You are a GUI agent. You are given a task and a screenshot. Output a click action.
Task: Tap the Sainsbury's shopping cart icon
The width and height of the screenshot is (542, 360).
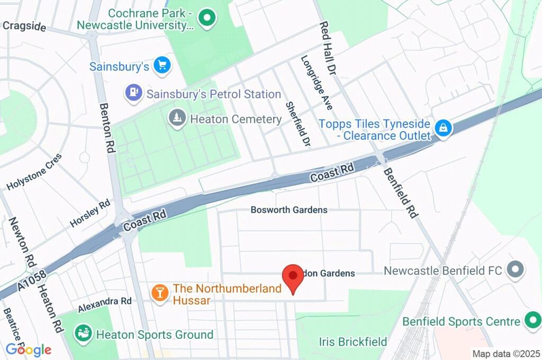pyautogui.click(x=161, y=66)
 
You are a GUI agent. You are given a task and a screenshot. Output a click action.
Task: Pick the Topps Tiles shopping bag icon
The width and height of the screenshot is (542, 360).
pyautogui.click(x=442, y=128)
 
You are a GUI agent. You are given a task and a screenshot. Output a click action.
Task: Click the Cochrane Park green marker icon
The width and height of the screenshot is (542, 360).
pyautogui.click(x=207, y=19)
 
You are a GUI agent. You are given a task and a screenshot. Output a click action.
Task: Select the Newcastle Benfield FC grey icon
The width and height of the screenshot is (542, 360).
pyautogui.click(x=514, y=270)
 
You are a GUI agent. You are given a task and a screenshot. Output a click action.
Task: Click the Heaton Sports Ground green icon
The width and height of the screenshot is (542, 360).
pyautogui.click(x=83, y=334)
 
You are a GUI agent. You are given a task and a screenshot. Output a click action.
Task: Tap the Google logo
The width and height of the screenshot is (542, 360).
pyautogui.click(x=29, y=350)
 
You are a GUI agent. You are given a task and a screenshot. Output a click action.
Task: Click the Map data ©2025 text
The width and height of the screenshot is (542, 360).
pyautogui.click(x=506, y=354)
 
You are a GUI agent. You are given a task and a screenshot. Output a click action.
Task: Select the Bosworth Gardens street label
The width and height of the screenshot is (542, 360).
pyautogui.click(x=289, y=210)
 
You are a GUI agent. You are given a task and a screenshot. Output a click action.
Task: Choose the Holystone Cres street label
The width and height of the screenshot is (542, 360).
pyautogui.click(x=34, y=172)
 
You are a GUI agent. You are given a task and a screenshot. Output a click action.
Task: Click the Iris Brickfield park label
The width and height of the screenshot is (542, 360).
pyautogui.click(x=353, y=341)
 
